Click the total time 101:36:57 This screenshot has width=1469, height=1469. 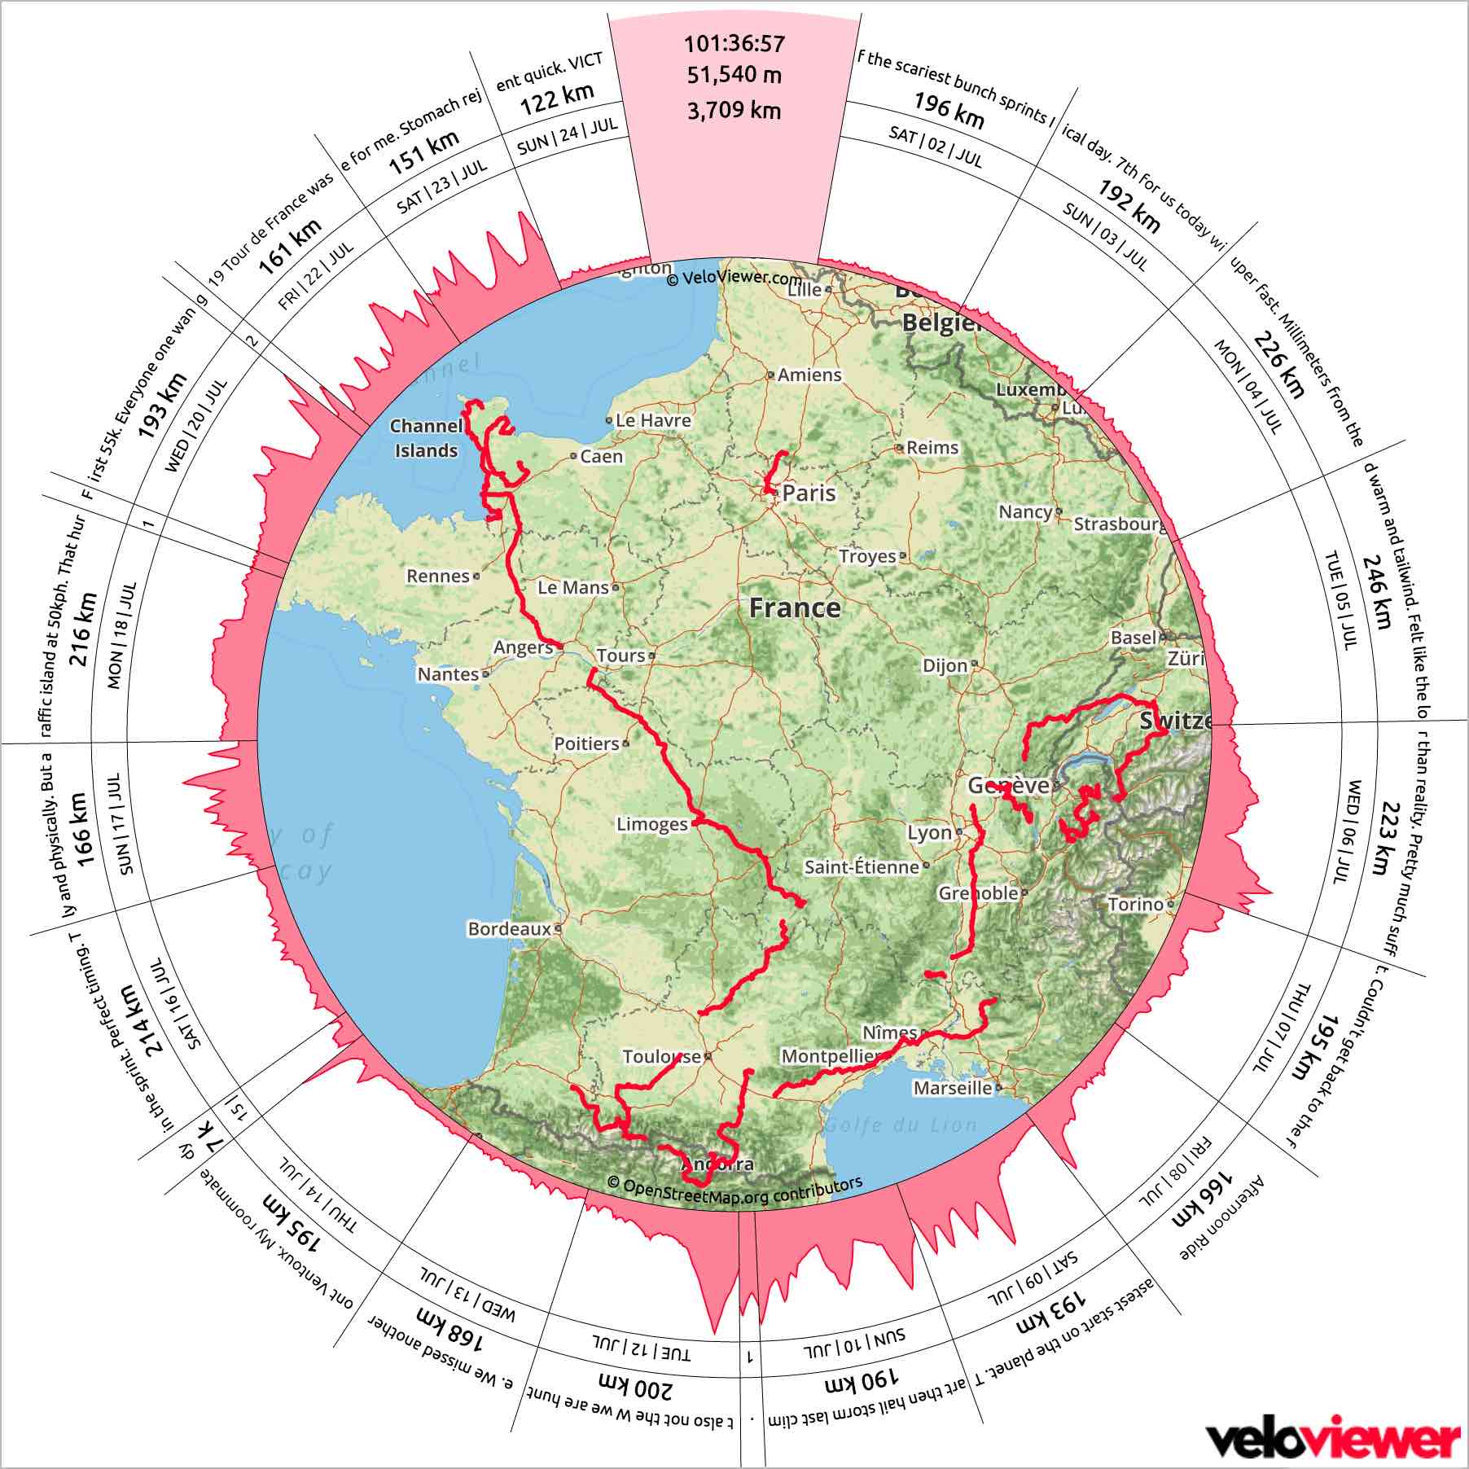coord(734,44)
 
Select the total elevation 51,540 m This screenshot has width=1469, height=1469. coord(734,75)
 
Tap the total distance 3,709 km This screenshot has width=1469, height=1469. coord(734,111)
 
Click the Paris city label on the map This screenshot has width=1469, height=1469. coord(808,493)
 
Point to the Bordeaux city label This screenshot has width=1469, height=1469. coord(509,928)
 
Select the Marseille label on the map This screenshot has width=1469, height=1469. coord(953,1088)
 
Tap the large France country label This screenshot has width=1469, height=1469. coord(795,607)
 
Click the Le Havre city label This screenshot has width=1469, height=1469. coord(653,420)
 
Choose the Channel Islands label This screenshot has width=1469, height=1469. coord(426,438)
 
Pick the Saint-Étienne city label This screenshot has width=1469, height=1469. coord(862,867)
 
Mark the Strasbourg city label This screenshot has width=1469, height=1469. coord(1120,524)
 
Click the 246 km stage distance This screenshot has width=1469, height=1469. coord(1377,592)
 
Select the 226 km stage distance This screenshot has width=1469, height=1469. coord(1278,364)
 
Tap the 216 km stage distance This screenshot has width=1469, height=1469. coord(84,629)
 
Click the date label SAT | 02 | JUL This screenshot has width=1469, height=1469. coord(936,147)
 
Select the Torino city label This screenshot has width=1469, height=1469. coord(1136,904)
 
